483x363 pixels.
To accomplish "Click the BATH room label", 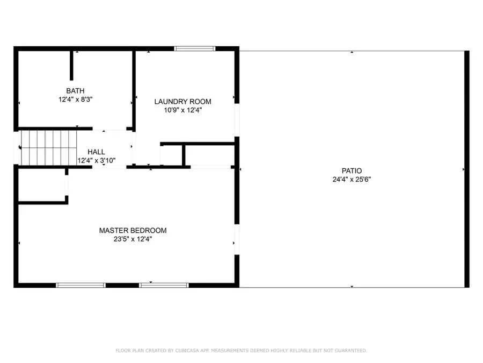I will tap(75, 90).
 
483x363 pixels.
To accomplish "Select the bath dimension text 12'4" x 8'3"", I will tap(75, 99).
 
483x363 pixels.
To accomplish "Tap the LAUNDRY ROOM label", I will tap(182, 101).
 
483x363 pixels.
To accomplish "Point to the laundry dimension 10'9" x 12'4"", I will tap(182, 110).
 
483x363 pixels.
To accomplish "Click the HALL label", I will tap(97, 152).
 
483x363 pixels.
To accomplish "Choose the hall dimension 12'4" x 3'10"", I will tap(97, 160).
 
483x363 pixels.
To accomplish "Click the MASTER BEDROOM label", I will tap(133, 230).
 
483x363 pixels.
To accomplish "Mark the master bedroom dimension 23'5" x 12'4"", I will tap(133, 239).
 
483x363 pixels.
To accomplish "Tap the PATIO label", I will tap(352, 171).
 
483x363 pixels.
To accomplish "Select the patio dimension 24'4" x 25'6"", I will tap(352, 180).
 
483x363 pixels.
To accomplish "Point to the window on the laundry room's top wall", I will tap(194, 48).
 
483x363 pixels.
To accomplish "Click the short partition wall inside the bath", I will tap(71, 65).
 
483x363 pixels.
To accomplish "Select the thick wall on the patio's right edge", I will tap(466, 169).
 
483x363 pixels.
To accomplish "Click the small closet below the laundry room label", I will tap(172, 155).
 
